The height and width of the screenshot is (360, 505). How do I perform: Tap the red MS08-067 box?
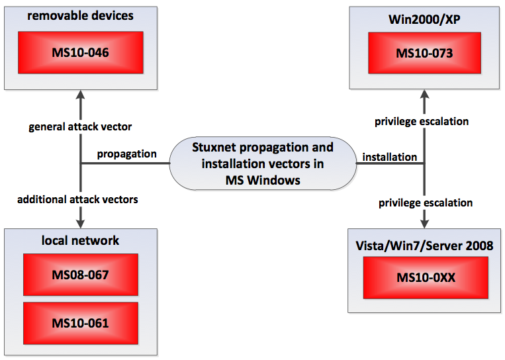pos(81,273)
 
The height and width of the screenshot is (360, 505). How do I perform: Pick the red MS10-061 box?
pos(81,323)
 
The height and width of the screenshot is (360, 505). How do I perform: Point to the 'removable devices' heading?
pos(81,15)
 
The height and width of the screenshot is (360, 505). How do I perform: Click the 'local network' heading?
pos(81,240)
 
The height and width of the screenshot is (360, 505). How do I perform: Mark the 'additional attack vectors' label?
pos(77,199)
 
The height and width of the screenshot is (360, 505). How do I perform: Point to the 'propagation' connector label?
pos(126,154)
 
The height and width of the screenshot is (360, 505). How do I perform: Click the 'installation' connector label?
pos(389,157)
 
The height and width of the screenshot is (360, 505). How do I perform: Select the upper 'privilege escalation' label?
pos(422,122)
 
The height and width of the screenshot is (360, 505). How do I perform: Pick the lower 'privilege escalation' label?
pos(426,202)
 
